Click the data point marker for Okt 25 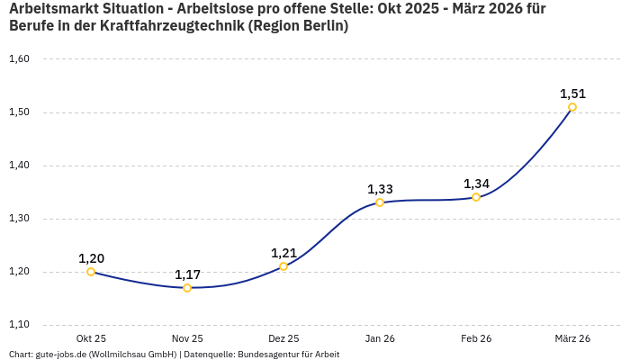91,272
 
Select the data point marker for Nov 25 187,288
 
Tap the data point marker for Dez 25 283,266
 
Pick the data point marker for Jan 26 380,202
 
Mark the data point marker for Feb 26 476,197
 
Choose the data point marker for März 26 572,107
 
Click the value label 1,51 572,94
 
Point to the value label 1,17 187,274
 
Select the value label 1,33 380,189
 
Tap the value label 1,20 91,258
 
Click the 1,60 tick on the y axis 19,59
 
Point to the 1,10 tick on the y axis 19,325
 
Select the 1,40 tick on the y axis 19,166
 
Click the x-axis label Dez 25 283,338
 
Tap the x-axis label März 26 572,338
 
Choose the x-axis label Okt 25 91,338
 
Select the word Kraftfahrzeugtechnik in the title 176,26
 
